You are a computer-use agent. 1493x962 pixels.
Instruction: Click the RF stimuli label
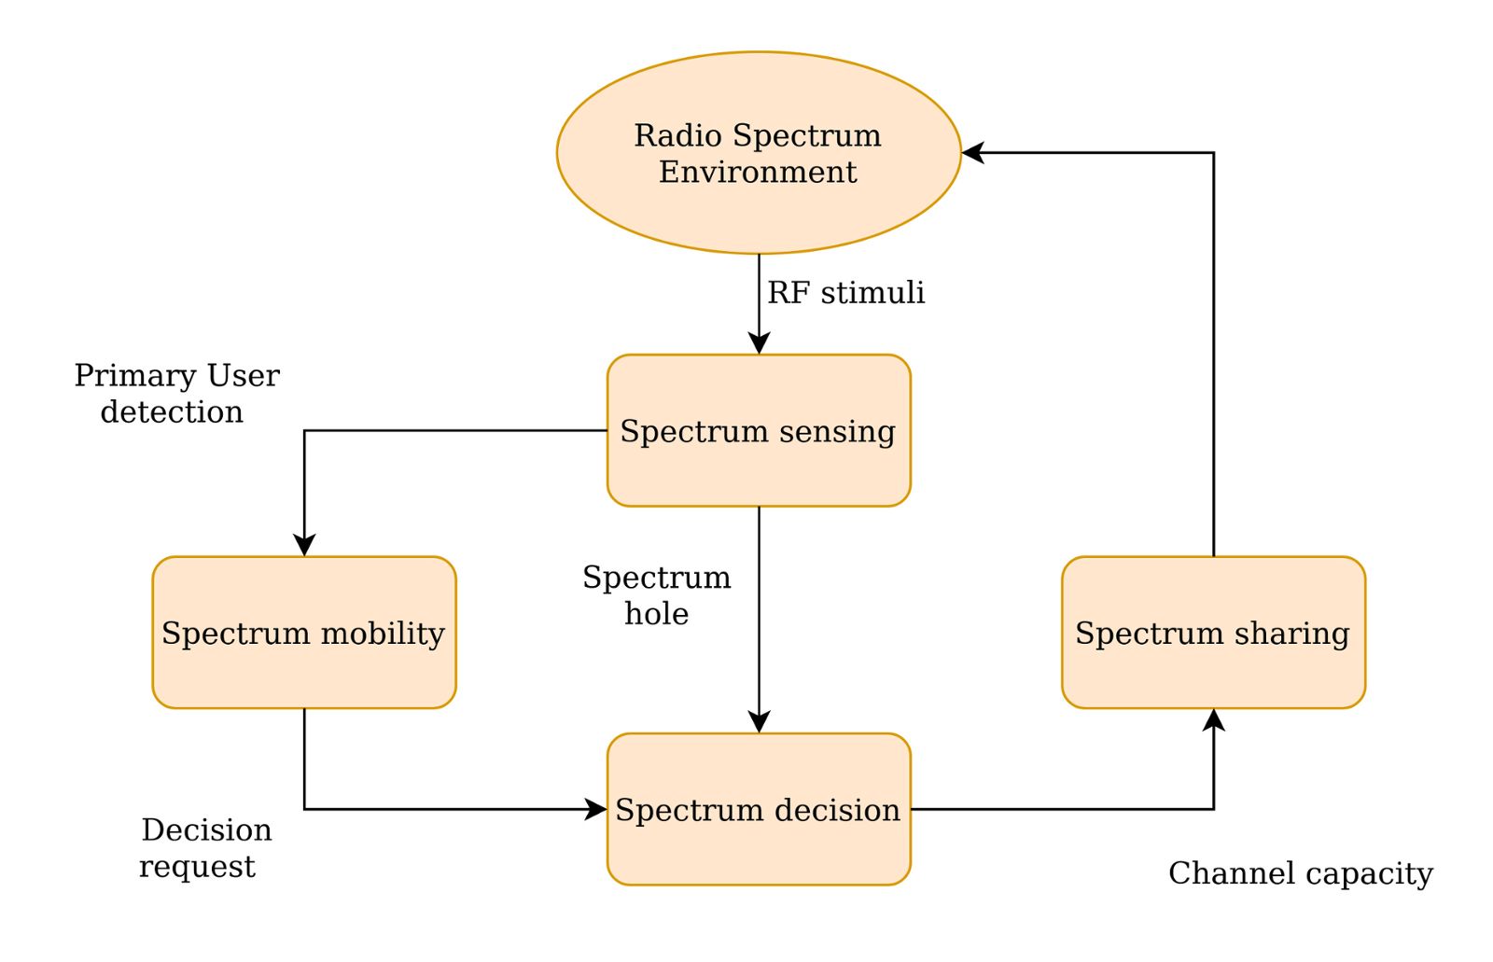click(x=845, y=293)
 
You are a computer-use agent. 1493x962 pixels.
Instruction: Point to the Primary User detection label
click(x=176, y=394)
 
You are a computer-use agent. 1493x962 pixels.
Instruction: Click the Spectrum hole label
click(x=657, y=595)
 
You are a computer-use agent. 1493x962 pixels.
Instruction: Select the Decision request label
click(x=202, y=848)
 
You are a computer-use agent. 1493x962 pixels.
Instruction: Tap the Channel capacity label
click(x=1300, y=873)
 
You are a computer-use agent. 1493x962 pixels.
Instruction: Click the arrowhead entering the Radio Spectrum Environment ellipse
click(x=972, y=152)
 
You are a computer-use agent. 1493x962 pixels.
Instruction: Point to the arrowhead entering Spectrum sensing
click(x=759, y=343)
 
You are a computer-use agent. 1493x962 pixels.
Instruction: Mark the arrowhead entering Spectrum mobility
click(x=304, y=546)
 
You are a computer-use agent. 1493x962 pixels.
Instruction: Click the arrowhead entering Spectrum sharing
click(x=1213, y=719)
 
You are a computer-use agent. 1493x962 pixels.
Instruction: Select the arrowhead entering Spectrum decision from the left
click(x=596, y=809)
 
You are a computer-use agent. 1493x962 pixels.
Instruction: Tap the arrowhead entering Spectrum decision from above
click(x=759, y=722)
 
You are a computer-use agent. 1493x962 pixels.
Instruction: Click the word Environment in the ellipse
click(x=758, y=172)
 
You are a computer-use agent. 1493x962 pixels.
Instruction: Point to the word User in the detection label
click(x=243, y=376)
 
